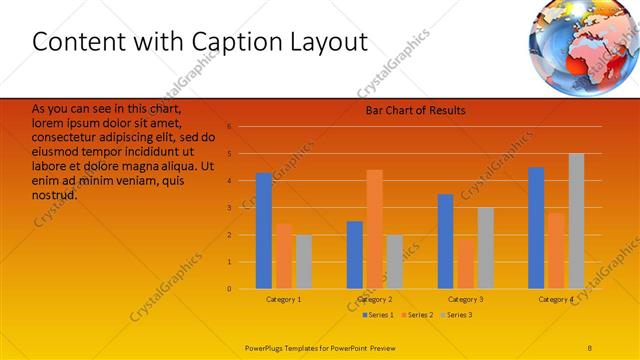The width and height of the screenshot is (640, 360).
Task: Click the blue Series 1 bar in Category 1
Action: [264, 231]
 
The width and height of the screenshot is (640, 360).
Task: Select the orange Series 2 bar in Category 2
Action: [374, 229]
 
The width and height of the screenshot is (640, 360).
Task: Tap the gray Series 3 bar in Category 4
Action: [576, 221]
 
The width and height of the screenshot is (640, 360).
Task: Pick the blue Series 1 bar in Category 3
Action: [445, 241]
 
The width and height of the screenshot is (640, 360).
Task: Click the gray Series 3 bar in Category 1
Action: [303, 262]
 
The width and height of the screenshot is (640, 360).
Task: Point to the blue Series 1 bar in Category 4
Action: [536, 228]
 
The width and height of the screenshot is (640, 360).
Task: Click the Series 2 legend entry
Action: [417, 315]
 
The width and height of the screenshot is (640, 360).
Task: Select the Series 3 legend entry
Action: [456, 315]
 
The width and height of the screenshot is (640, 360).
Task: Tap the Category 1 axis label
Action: [284, 299]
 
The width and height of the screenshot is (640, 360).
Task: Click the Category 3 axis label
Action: [465, 299]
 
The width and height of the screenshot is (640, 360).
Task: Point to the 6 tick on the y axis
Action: [229, 127]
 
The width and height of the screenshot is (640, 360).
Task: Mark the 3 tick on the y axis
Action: [229, 208]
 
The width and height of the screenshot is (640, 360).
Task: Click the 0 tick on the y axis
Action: [229, 289]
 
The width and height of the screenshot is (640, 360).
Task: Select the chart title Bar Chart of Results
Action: [415, 110]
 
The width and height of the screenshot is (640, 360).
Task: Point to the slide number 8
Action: [590, 347]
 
